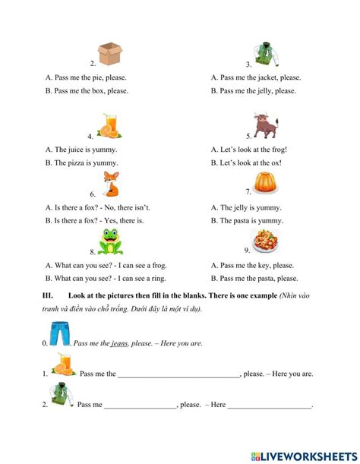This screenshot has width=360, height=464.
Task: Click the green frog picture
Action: click(x=112, y=243)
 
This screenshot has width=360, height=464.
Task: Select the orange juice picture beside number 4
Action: click(x=109, y=127)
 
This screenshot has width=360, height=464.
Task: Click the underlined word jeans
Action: click(x=118, y=343)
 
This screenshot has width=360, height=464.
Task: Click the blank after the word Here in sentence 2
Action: click(x=270, y=406)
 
